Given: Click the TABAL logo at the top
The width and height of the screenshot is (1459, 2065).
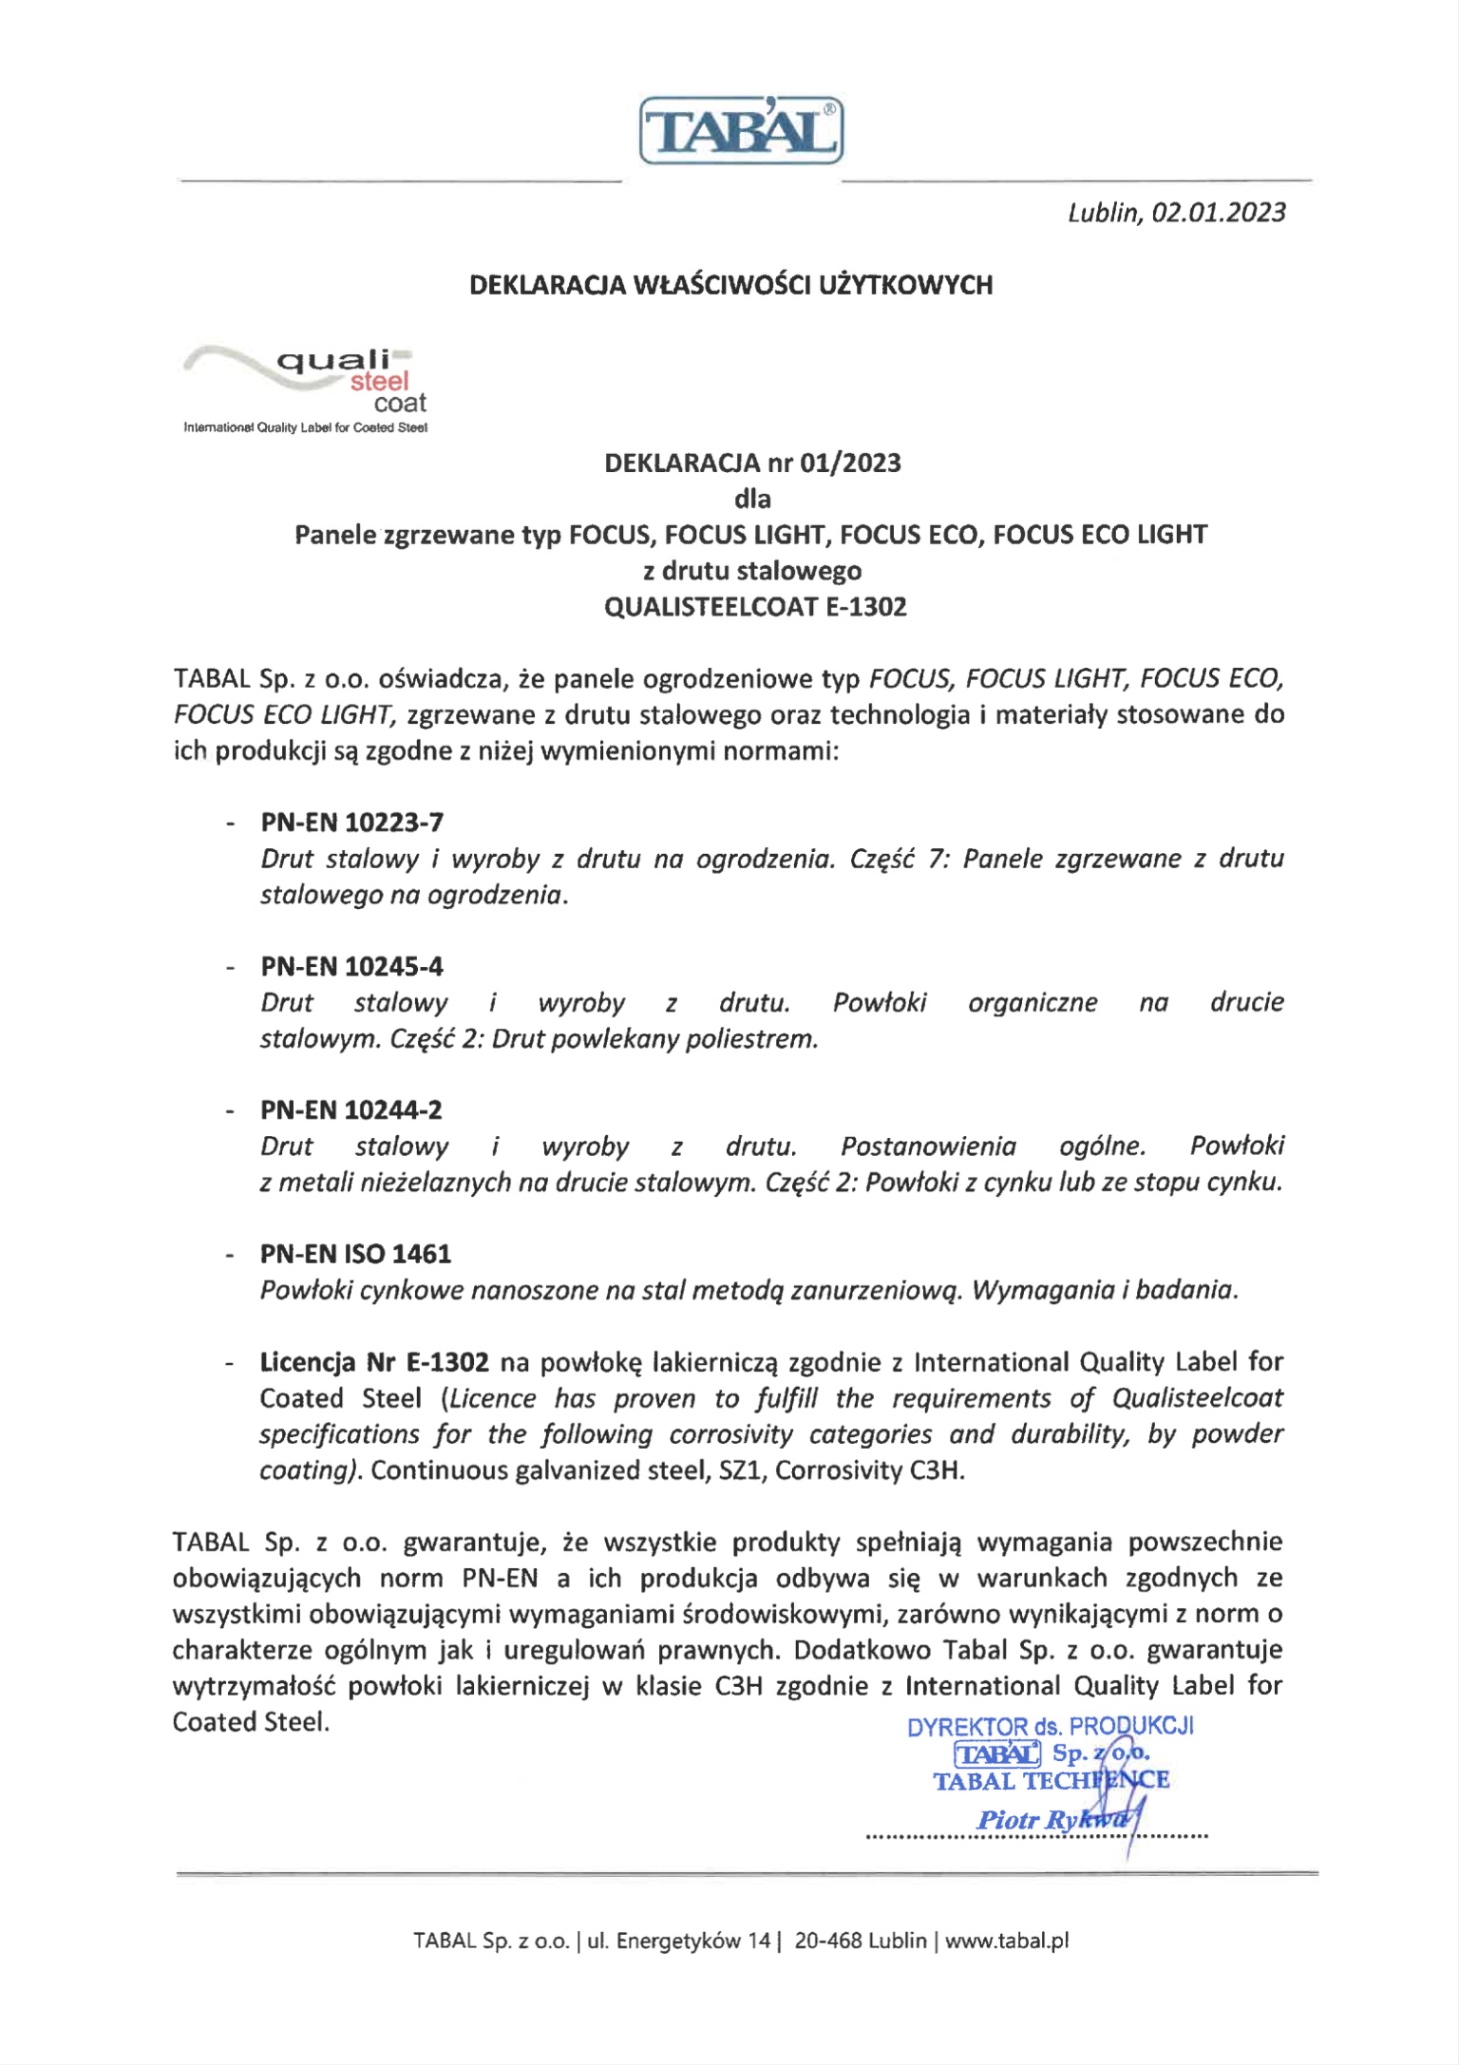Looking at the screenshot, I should (741, 131).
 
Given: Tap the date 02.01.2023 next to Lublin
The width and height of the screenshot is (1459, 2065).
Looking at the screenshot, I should (1218, 212).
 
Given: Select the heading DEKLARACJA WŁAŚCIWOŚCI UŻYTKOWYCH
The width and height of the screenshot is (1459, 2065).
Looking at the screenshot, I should (730, 285).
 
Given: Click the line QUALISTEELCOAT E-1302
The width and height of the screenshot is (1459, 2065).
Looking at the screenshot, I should (755, 607).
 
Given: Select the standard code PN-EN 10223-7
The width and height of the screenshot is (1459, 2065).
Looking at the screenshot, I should (352, 823).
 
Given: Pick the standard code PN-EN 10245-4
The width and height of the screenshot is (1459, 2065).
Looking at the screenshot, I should (352, 967).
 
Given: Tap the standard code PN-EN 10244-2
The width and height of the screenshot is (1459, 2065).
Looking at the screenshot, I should (352, 1110).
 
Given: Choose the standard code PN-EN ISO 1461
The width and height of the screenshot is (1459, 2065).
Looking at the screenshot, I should (356, 1255).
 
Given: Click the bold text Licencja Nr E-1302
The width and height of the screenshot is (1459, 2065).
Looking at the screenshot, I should (374, 1363).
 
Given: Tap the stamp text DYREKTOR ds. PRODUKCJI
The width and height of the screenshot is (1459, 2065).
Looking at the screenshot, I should (1050, 1727).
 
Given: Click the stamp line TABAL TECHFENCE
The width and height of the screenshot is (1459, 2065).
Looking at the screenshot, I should (1051, 1781).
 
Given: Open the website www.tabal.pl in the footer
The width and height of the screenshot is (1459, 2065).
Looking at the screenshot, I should (1007, 1942).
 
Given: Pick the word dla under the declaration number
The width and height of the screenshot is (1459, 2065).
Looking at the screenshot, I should (752, 500).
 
